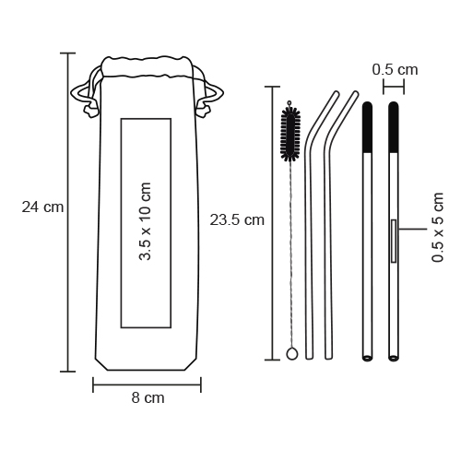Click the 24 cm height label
42,207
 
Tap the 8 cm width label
148,398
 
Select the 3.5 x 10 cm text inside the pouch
146,221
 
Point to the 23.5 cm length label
237,220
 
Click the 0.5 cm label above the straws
395,70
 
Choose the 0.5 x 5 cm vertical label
438,228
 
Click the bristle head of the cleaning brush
290,135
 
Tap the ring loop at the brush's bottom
291,354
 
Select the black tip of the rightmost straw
394,127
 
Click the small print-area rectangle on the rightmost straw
394,241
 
